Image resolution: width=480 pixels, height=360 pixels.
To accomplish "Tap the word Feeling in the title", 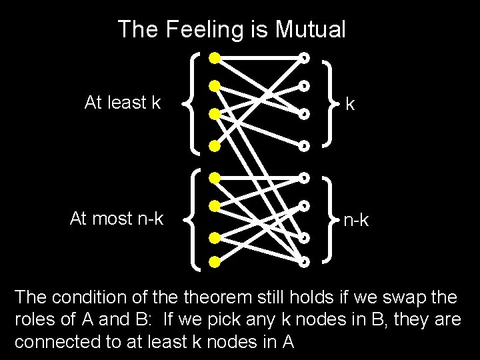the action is pyautogui.click(x=197, y=29).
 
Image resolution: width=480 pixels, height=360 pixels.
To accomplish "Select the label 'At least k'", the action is pyautogui.click(x=123, y=103).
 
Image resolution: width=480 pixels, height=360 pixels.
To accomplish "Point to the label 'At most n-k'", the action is pyautogui.click(x=117, y=218).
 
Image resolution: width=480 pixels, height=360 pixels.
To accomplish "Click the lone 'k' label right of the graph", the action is pyautogui.click(x=350, y=105).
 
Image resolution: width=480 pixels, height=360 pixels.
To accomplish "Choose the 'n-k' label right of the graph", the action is pyautogui.click(x=357, y=219).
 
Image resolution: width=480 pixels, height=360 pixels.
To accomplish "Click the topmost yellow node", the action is pyautogui.click(x=214, y=57).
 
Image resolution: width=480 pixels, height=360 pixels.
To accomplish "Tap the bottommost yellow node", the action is pyautogui.click(x=214, y=261).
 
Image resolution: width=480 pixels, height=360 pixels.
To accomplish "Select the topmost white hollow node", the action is pyautogui.click(x=305, y=57).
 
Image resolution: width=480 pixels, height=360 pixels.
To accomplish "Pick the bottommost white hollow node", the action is pyautogui.click(x=305, y=261).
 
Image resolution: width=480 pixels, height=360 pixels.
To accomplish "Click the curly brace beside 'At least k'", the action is pyautogui.click(x=192, y=102).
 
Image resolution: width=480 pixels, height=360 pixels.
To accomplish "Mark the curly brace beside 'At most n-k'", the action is pyautogui.click(x=192, y=219).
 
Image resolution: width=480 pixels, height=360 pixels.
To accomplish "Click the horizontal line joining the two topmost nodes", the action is pyautogui.click(x=259, y=57).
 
